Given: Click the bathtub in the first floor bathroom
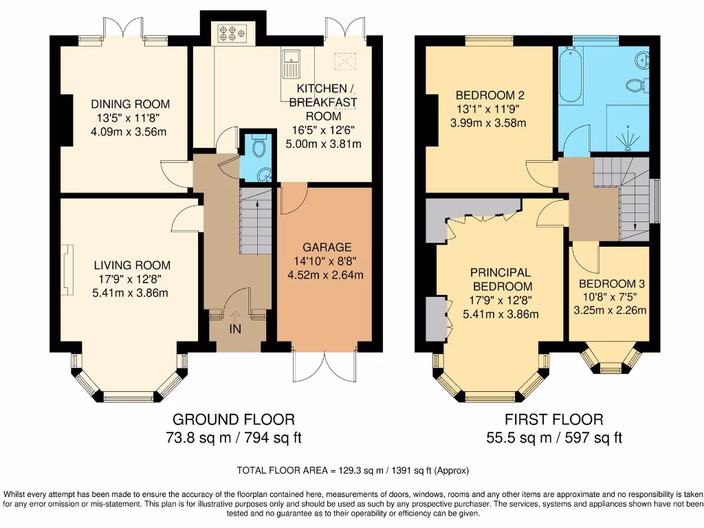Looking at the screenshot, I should [x=571, y=76].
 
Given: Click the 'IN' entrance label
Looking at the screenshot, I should [x=235, y=329].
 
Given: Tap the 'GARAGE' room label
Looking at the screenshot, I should [x=327, y=247].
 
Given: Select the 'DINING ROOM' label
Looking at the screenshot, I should [x=131, y=104].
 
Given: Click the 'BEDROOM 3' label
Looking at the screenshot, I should [x=611, y=283].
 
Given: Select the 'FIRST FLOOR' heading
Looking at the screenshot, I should [x=553, y=419].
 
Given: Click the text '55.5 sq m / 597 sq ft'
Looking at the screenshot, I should [x=553, y=437].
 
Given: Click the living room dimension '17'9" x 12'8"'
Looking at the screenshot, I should [x=132, y=279].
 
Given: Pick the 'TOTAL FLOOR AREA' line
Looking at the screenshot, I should [x=352, y=471].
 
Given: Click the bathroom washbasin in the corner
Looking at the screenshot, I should [x=643, y=59].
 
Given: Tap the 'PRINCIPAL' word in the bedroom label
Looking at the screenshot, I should [x=500, y=272].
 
